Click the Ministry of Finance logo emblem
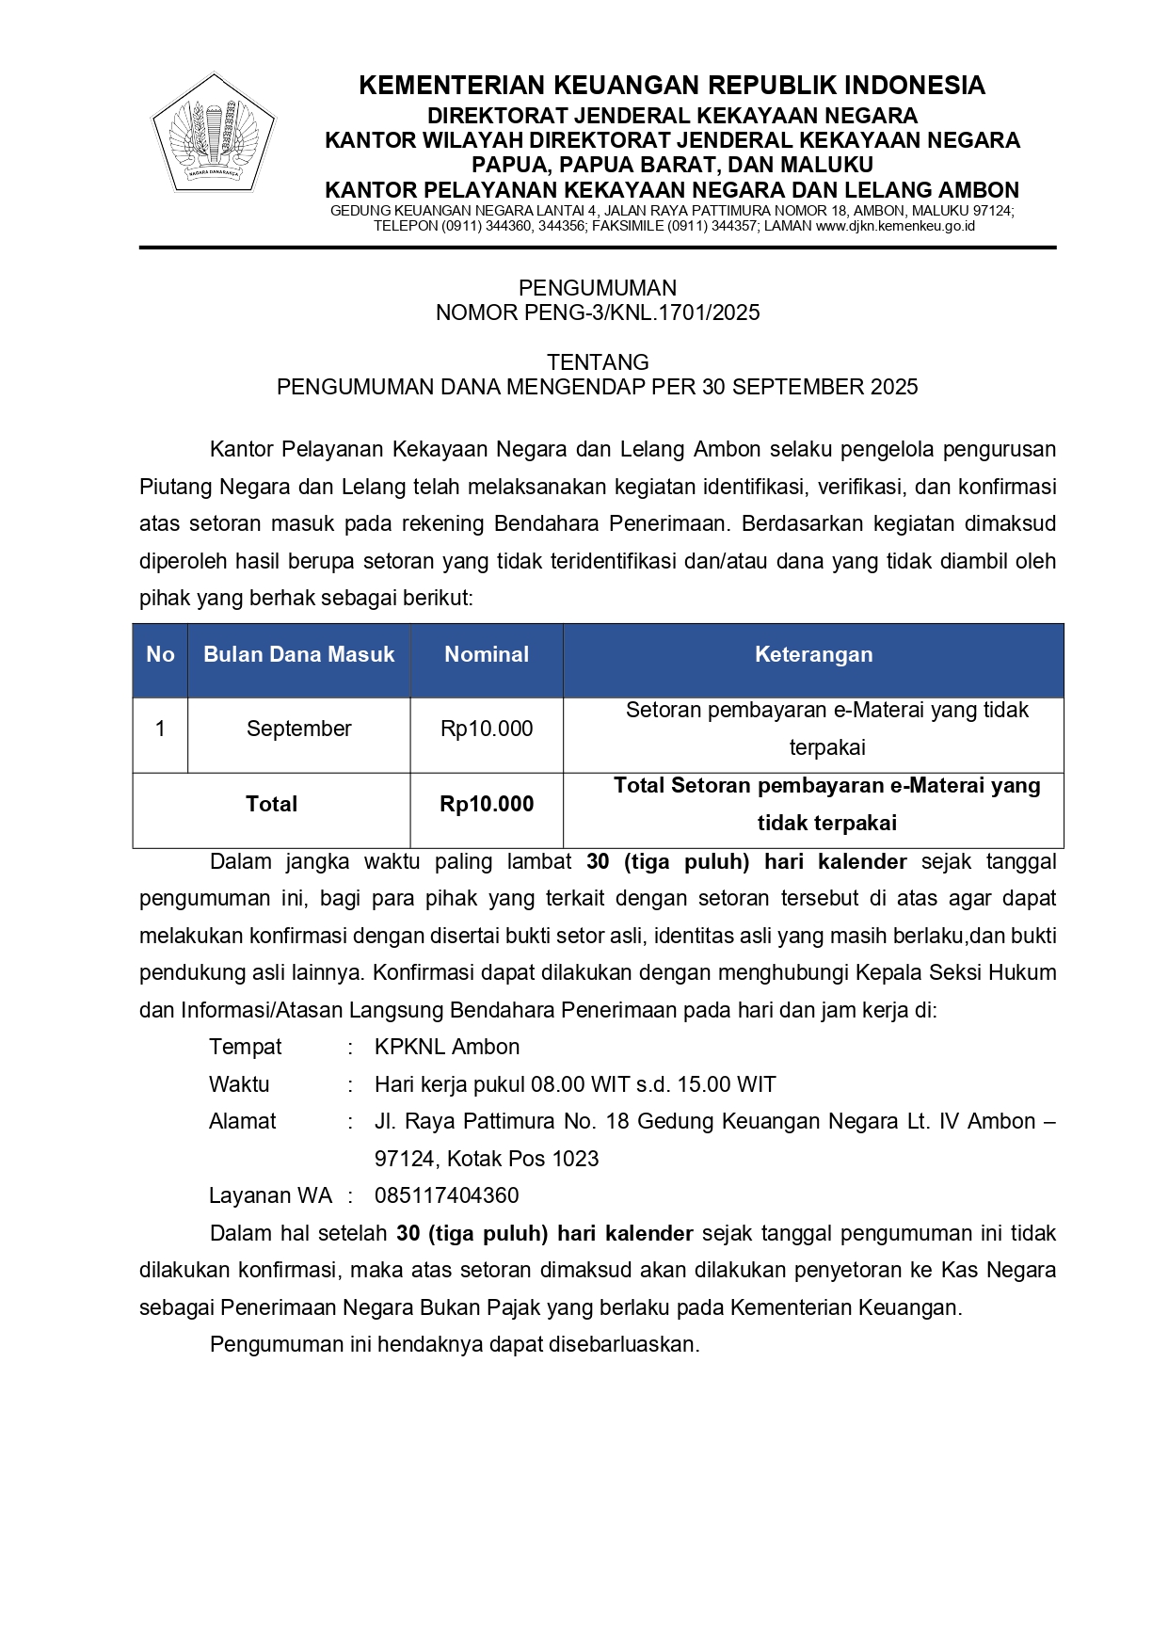pos(213,133)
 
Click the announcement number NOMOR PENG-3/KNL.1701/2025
pos(598,313)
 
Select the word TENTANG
pos(598,362)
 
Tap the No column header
pos(160,655)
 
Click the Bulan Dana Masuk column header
pos(298,655)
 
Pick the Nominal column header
pos(487,655)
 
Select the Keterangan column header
pos(813,655)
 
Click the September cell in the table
pos(298,729)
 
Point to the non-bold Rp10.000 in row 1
pos(487,729)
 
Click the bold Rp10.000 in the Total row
pos(487,804)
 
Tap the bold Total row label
pos(271,804)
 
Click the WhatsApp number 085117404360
pos(446,1195)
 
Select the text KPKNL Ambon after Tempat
pos(446,1047)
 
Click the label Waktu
pos(239,1084)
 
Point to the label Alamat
pos(242,1121)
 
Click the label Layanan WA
pos(270,1195)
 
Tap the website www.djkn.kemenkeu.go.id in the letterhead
pos(894,226)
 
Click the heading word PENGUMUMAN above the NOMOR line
pos(598,288)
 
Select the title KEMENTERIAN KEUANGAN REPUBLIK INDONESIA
pos(672,86)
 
